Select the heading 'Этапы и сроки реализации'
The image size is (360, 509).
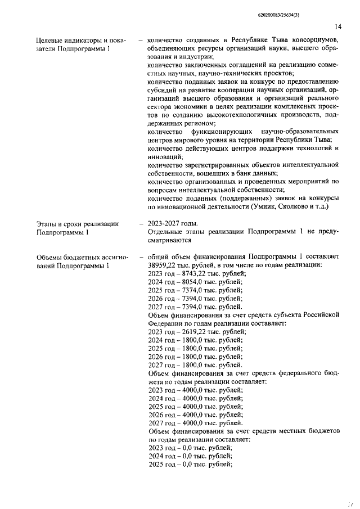pyautogui.click(x=77, y=224)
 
